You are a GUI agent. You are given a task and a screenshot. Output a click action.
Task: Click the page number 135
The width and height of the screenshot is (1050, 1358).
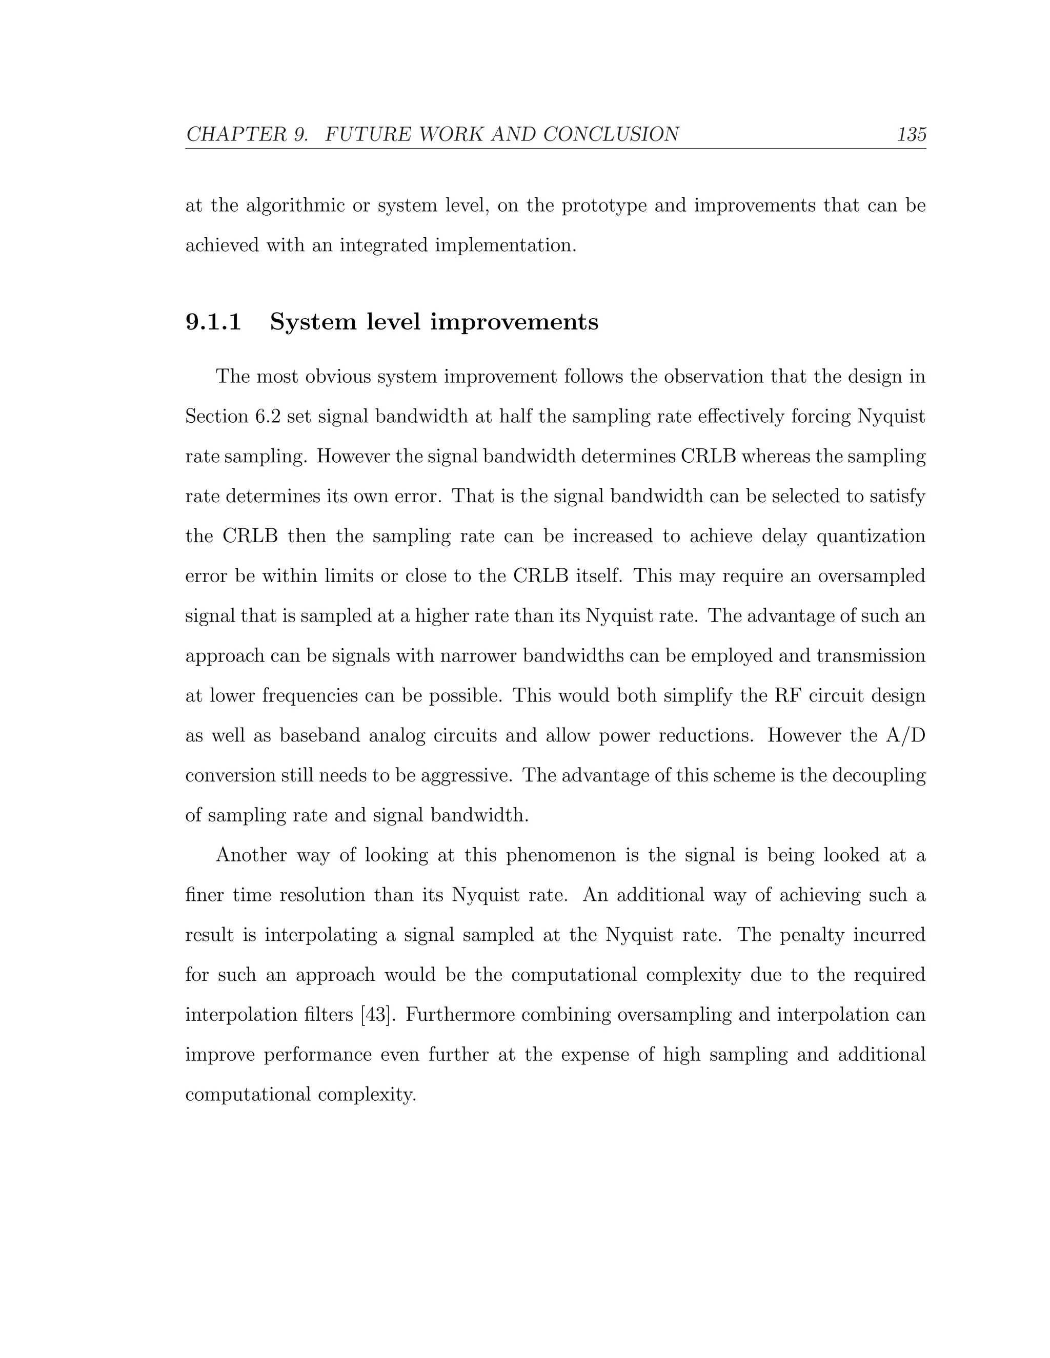911,134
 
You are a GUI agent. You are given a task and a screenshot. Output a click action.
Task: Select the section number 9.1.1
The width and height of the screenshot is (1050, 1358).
213,322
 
